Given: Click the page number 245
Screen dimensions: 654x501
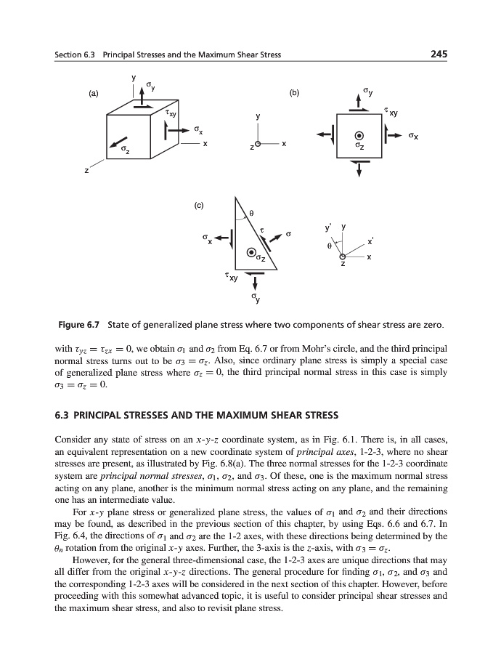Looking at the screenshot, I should pos(438,54).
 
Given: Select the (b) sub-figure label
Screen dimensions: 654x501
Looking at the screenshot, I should pos(294,94).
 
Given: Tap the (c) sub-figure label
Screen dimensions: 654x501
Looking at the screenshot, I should pos(198,205).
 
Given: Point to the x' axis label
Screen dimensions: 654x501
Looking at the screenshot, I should pos(370,241).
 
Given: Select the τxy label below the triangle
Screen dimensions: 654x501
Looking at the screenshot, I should pos(232,277).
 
